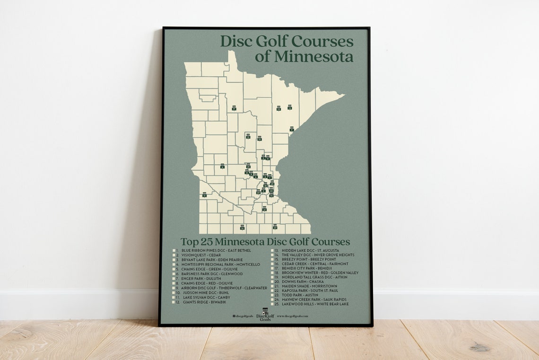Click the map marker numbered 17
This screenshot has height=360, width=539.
pos(234,108)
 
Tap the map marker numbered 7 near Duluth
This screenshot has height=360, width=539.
pos(292,129)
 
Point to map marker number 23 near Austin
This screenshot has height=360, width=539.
pos(275,227)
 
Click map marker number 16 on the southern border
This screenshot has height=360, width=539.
pos(242,228)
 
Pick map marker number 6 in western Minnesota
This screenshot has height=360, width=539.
pos(222,167)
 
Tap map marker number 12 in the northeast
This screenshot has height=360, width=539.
pos(289,108)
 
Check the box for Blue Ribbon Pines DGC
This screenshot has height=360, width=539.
pos(174,250)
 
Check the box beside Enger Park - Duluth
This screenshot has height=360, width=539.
pos(174,279)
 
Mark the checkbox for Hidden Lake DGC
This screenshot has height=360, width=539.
pos(273,250)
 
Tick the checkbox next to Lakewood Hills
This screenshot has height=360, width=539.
pos(273,304)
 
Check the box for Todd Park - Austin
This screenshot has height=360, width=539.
pos(273,295)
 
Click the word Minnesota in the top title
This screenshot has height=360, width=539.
pos(304,57)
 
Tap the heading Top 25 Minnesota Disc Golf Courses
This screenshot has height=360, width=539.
pos(265,242)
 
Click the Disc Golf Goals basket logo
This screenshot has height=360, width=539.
pos(265,313)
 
